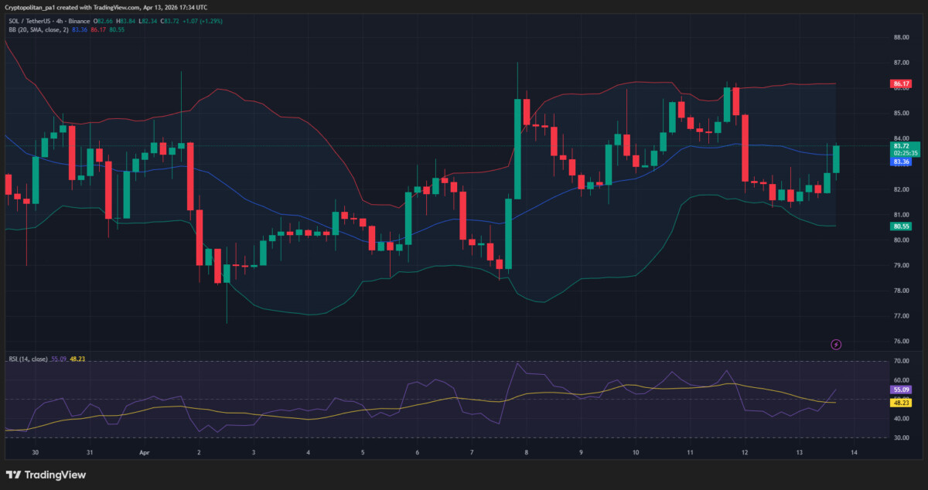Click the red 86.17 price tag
[900, 83]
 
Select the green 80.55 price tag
[900, 226]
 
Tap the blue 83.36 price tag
[901, 162]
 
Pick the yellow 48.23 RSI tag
[900, 403]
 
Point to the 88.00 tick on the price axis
[900, 37]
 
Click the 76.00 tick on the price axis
[900, 341]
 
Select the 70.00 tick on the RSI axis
[900, 361]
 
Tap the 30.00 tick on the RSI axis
[900, 437]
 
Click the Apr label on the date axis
[144, 452]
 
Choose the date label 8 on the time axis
[526, 452]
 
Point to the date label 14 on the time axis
[854, 452]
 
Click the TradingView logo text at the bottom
[47, 475]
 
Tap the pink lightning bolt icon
[836, 344]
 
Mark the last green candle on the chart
[836, 159]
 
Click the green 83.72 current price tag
[901, 145]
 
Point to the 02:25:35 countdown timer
[904, 153]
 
